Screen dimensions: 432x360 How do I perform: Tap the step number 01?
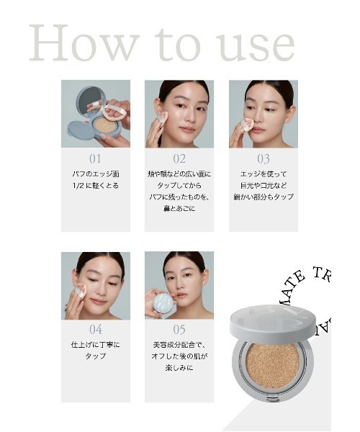[x=95, y=159]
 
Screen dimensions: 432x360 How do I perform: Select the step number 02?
[x=179, y=159]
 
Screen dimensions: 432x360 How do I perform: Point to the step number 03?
[x=263, y=159]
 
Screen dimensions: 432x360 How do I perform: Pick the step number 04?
[x=95, y=330]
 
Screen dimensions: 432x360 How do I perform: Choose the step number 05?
[x=179, y=330]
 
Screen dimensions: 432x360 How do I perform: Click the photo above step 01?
[x=95, y=114]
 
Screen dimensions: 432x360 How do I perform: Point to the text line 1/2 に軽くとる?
[x=95, y=186]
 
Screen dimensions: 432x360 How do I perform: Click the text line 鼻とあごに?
[x=179, y=209]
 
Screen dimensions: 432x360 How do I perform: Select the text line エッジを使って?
[x=263, y=174]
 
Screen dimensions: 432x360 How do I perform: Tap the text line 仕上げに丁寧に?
[x=95, y=345]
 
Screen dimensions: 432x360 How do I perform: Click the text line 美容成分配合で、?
[x=179, y=345]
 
